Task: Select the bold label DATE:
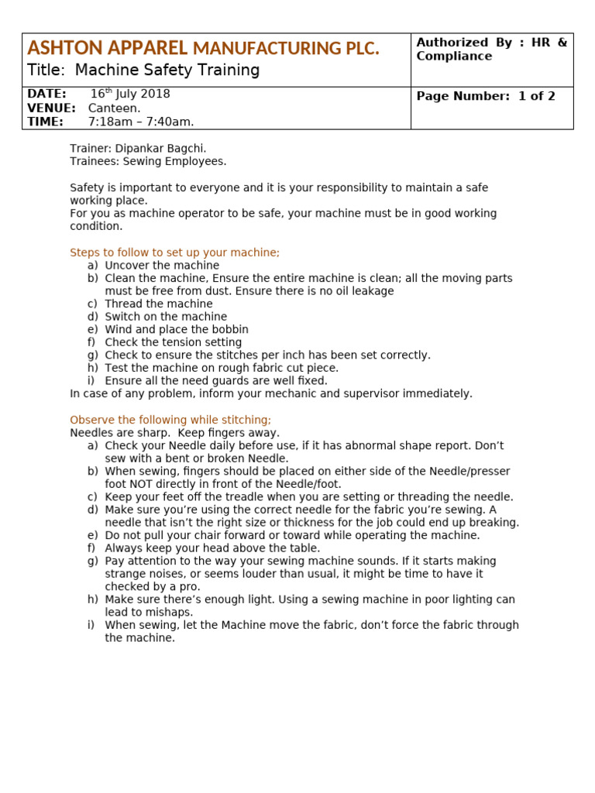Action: pos(46,94)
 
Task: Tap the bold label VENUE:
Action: pos(51,108)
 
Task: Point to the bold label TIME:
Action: pos(45,122)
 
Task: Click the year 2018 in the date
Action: pos(155,94)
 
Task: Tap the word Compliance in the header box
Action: pos(454,57)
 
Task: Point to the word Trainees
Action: pos(94,162)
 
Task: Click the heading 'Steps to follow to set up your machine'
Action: pos(174,252)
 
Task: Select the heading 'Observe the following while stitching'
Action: pos(170,420)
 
